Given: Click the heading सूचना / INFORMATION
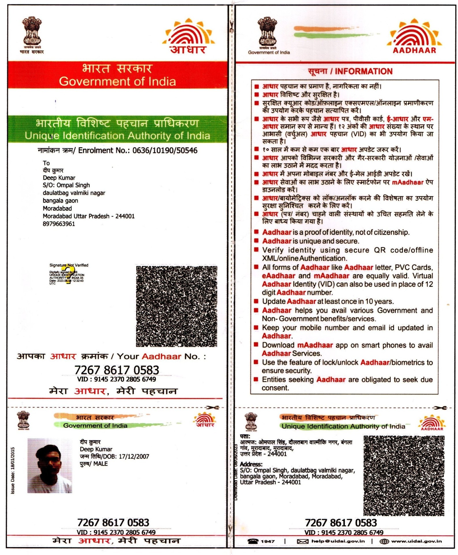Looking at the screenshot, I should [x=350, y=71].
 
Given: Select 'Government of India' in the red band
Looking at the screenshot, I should [x=117, y=81].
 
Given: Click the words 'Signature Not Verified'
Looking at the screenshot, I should [x=69, y=265].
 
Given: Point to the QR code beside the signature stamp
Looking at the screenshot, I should [x=176, y=306].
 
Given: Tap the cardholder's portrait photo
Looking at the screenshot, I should [x=49, y=465].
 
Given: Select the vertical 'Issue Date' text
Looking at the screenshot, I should [x=13, y=470].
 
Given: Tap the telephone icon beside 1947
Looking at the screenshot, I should [x=253, y=541].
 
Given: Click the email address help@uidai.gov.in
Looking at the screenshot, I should [x=338, y=541].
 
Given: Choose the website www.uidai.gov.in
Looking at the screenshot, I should [x=416, y=541].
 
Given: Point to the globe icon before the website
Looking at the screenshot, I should [x=384, y=541].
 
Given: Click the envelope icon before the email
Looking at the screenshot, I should [x=302, y=541].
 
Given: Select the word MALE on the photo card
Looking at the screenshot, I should [x=100, y=463].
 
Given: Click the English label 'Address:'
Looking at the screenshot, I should [x=251, y=464].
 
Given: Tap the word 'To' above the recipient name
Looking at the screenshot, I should [x=46, y=163].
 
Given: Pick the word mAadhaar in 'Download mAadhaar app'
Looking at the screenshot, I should [x=315, y=345].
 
